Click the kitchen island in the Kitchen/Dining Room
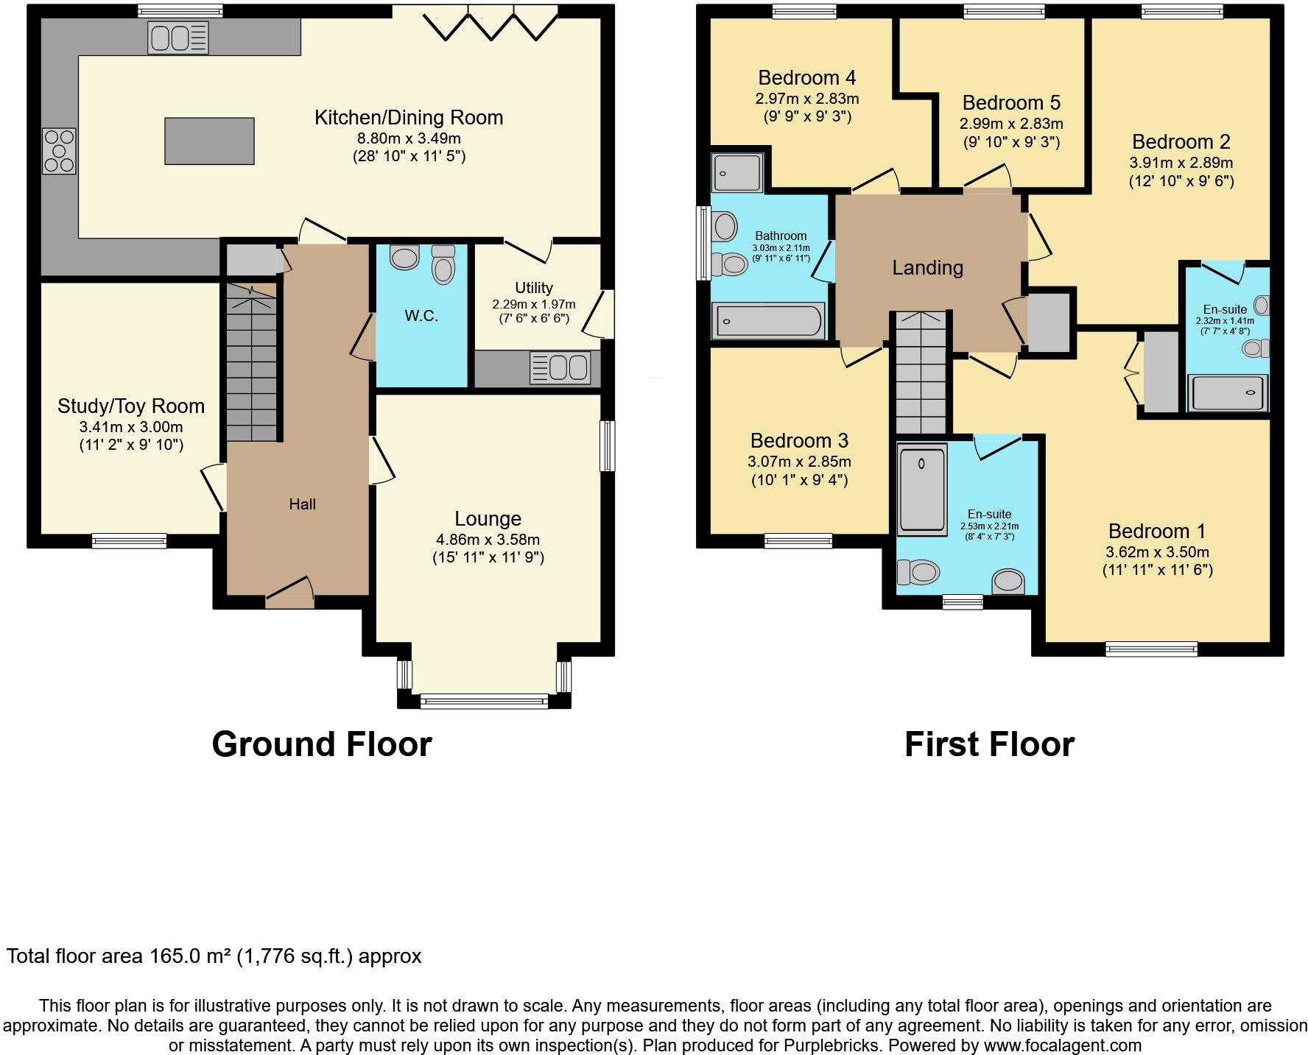[210, 141]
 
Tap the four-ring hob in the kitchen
[59, 151]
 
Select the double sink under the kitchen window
[178, 38]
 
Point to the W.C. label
[421, 317]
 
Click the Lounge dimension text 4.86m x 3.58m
[488, 540]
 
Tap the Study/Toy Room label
[131, 406]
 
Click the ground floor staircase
[252, 361]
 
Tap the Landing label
[927, 268]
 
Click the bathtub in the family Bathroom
[769, 321]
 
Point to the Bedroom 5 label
[1011, 102]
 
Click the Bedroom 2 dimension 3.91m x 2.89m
[1181, 163]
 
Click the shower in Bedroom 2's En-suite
[1227, 393]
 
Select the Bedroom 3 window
[798, 541]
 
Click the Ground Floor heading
[322, 744]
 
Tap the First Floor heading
[989, 744]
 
